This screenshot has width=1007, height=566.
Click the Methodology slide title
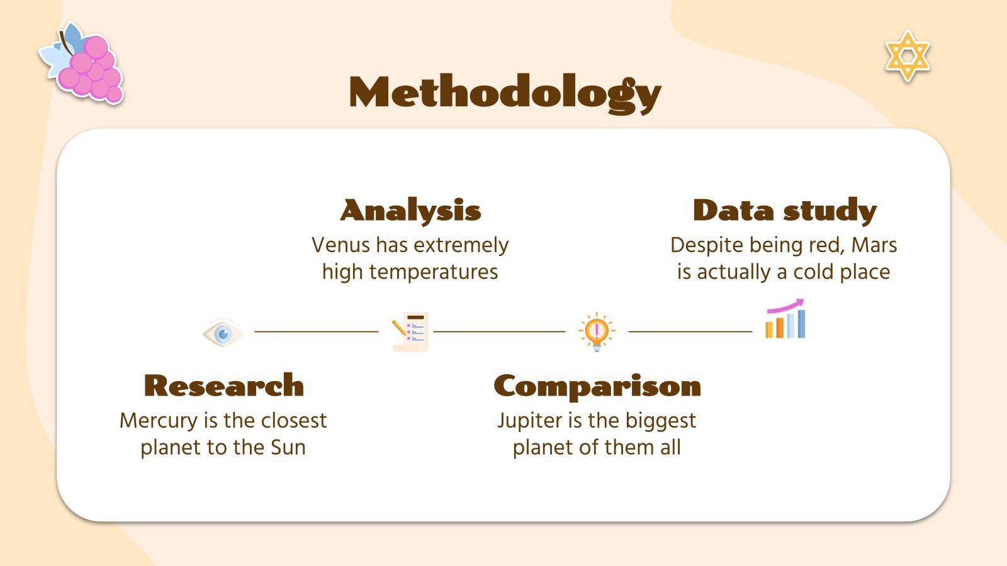click(505, 93)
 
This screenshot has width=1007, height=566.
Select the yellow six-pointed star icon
click(907, 55)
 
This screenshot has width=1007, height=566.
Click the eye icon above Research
click(223, 332)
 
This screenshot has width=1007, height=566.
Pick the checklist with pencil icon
click(410, 331)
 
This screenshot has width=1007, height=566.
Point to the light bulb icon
click(596, 331)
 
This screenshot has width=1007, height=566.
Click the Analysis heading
click(410, 211)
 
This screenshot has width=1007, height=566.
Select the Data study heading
click(784, 211)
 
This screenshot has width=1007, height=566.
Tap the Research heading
click(223, 386)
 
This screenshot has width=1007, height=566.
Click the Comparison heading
click(597, 386)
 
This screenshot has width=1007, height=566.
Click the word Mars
click(874, 245)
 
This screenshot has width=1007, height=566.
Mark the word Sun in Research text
click(288, 447)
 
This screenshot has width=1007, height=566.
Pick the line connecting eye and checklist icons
click(316, 331)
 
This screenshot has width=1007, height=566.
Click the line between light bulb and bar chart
click(690, 331)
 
